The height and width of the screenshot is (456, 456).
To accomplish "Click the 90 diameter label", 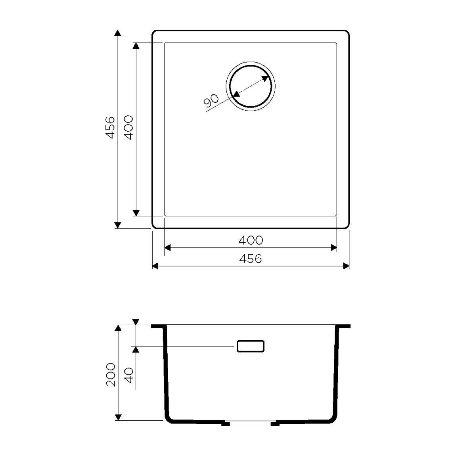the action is pos(211,101).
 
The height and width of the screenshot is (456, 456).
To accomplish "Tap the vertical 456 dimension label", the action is pos(110,128).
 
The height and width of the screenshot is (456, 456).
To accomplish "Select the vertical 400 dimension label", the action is pos(128,128).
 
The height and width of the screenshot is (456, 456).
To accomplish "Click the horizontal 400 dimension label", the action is pos(251,240).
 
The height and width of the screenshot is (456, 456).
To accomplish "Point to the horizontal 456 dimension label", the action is pos(250,259).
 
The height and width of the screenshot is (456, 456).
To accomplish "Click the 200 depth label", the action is pos(111,375).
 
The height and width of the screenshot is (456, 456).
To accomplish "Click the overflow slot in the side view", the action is pos(251,346).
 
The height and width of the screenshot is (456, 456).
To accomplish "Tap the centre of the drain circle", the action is pos(251,86).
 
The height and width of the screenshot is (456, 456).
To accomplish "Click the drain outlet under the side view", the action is pos(250,424).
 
